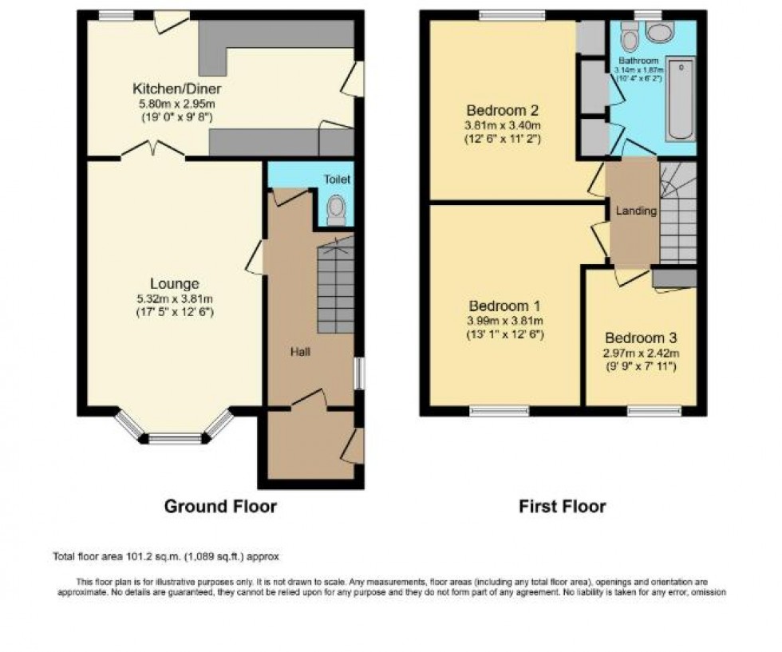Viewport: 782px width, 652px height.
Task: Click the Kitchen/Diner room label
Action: click(x=176, y=89)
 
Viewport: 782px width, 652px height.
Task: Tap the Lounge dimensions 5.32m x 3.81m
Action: click(x=174, y=298)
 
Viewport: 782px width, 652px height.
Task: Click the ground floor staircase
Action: click(x=336, y=287)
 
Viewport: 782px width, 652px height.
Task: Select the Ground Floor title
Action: click(x=220, y=506)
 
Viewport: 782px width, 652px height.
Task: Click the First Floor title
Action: click(x=562, y=506)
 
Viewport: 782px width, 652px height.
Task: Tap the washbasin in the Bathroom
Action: click(x=659, y=33)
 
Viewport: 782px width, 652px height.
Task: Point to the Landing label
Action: click(x=636, y=211)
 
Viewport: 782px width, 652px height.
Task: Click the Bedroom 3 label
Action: click(x=641, y=337)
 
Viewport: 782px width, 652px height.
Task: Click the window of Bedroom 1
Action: click(x=499, y=411)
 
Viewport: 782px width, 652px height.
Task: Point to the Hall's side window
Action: click(x=359, y=373)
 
